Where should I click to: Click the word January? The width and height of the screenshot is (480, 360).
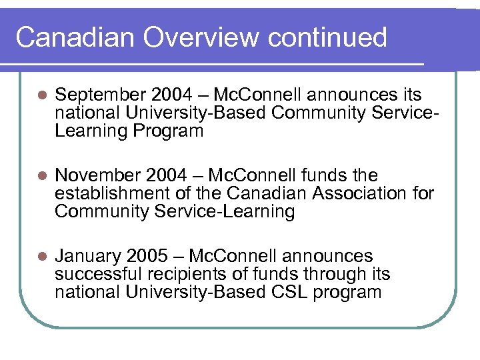tap(86, 257)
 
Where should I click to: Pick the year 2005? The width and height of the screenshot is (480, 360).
tap(147, 257)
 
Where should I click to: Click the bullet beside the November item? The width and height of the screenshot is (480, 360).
tap(41, 177)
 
